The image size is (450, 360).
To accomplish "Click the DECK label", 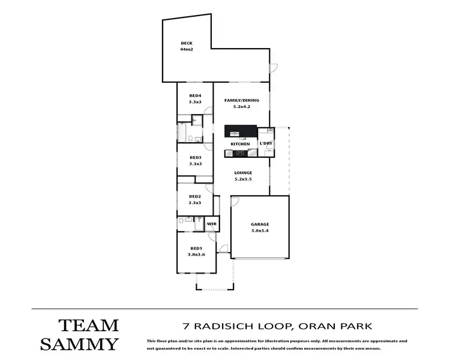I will [186, 43].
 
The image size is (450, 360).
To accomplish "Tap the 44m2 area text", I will [186, 49].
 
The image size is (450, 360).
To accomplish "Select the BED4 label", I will [195, 96].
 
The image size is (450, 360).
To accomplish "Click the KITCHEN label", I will [240, 144].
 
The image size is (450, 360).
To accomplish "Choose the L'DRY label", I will [265, 144].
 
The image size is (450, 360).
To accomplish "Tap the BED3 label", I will [195, 158].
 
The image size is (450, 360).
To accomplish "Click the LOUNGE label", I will [243, 173].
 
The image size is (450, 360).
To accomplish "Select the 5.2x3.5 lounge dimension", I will [243, 179].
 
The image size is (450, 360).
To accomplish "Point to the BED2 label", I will [195, 197].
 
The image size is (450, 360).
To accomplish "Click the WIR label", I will [211, 224].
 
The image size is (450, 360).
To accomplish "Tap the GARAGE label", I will [260, 224].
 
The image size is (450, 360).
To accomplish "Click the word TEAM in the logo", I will [88, 326].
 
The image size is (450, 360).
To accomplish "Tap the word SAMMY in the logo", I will [80, 344].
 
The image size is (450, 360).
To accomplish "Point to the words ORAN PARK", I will [334, 326].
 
